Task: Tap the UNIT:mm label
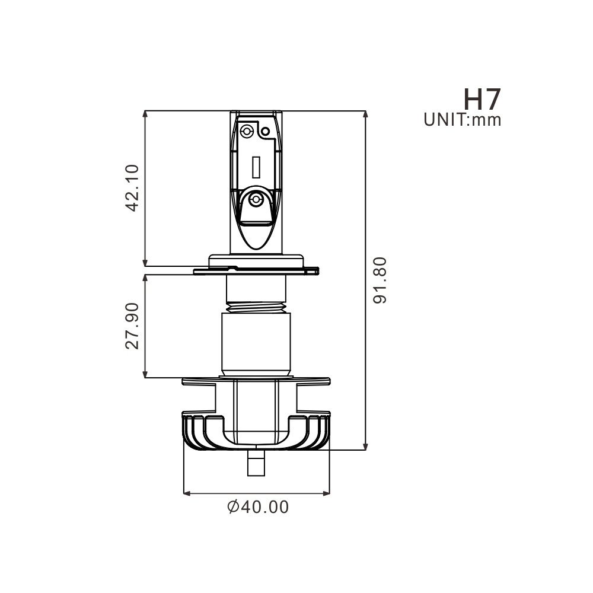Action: click(463, 120)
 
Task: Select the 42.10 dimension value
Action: click(132, 187)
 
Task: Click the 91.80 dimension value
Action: click(380, 280)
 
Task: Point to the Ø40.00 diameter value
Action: click(258, 507)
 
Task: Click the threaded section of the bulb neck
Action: click(257, 307)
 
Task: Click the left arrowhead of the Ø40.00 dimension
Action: click(187, 493)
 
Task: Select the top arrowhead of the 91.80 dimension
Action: click(365, 114)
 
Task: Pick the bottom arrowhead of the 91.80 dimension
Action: click(365, 446)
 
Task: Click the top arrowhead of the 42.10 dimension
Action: click(145, 114)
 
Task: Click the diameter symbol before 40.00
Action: click(233, 507)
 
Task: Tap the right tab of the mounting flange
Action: click(313, 270)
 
